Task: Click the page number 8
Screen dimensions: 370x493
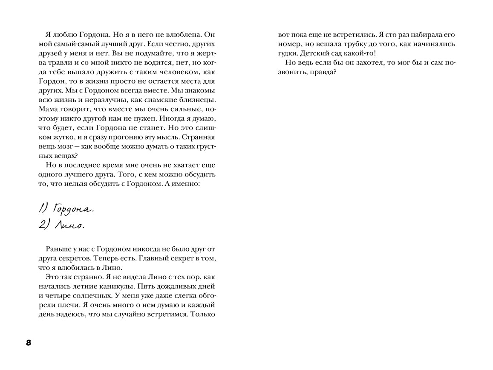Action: (29, 343)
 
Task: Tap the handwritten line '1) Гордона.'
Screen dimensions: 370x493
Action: (66, 208)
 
